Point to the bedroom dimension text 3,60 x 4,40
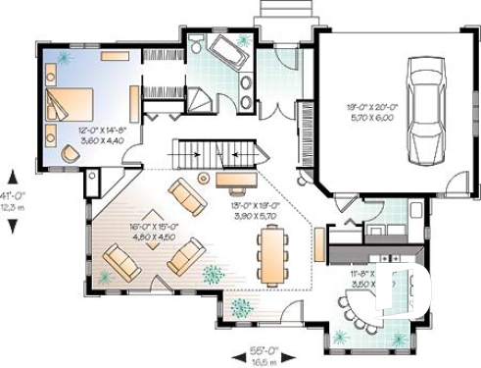click(x=103, y=140)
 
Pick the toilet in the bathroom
click(x=197, y=45)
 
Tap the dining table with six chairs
click(x=270, y=252)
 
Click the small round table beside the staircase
click(x=205, y=178)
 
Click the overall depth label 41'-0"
click(x=13, y=193)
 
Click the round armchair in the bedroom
click(x=70, y=152)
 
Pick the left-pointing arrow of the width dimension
click(x=234, y=354)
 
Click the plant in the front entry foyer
click(x=240, y=308)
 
